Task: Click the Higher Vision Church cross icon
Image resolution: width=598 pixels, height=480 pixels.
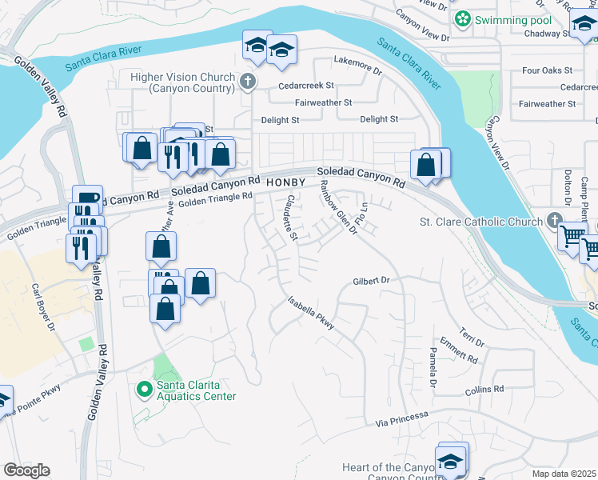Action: tap(248, 80)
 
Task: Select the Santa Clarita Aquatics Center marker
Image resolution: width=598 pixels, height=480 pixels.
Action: tap(145, 390)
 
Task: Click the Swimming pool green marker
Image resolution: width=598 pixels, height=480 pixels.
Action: tap(461, 18)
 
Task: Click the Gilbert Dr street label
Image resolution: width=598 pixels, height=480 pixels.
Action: tap(370, 281)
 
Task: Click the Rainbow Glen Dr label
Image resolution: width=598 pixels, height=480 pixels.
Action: tap(337, 207)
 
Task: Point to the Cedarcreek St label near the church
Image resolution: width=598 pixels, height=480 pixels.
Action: tap(306, 86)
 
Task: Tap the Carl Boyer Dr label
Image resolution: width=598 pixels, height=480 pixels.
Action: tap(43, 307)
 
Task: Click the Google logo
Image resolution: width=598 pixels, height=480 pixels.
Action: tap(26, 470)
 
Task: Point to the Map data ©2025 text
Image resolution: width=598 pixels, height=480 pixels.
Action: tap(564, 474)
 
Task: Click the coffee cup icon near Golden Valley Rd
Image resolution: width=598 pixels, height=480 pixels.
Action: tap(87, 197)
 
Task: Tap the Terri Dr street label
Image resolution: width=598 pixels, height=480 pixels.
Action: tap(468, 333)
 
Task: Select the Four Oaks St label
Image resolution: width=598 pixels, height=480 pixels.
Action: tap(547, 70)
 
